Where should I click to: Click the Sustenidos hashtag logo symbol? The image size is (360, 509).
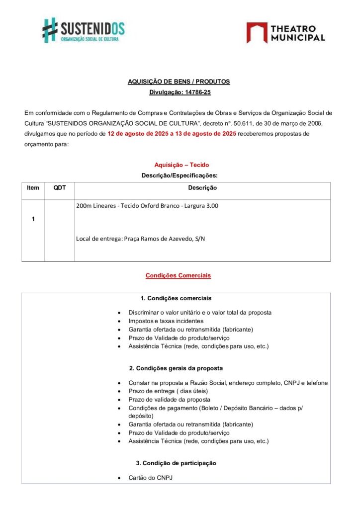50,30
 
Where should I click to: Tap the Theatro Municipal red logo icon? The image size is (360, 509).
257,32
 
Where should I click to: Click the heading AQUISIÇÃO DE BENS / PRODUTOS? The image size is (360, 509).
179,82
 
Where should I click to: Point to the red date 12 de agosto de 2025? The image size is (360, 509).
137,134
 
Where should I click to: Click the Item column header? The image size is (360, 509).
33,188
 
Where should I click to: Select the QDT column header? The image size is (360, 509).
60,188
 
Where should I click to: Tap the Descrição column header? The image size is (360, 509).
202,188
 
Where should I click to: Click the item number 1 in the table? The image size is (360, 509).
33,219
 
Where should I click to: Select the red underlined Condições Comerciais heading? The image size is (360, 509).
178,275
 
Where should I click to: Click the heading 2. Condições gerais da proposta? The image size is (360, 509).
176,368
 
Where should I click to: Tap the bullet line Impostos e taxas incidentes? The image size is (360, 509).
166,321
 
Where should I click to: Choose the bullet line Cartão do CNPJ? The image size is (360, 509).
150,478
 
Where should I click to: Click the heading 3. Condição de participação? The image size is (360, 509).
176,463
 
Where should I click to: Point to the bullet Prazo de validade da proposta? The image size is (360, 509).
169,400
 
